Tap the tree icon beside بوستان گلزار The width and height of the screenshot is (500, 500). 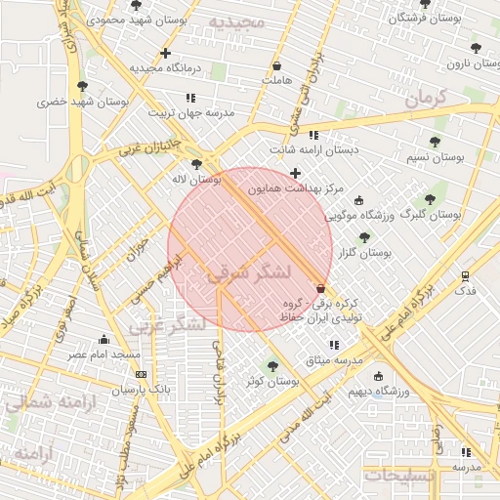click(364, 237)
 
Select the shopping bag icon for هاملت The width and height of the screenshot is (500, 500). click(277, 66)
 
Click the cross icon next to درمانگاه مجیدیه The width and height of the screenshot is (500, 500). click(165, 53)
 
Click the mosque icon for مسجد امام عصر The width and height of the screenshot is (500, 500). click(104, 340)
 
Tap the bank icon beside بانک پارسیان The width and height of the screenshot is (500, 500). click(142, 374)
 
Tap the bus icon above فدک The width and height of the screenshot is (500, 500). click(465, 275)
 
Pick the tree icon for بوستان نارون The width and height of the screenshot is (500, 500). click(476, 47)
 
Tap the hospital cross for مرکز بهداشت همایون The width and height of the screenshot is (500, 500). click(295, 174)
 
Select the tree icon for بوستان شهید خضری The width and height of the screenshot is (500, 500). click(82, 86)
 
